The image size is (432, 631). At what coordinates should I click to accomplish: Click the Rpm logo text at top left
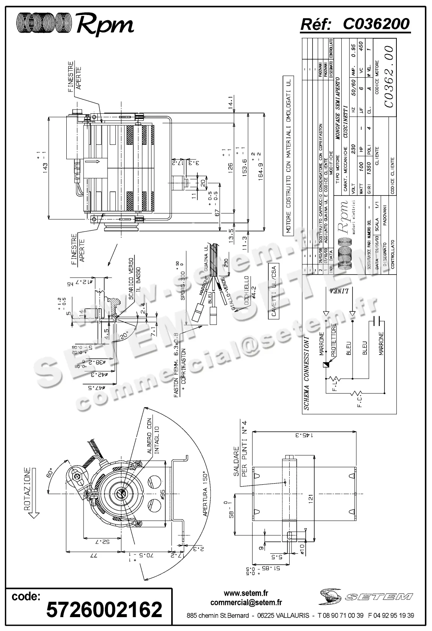(105, 25)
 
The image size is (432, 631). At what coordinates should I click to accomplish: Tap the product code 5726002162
(104, 610)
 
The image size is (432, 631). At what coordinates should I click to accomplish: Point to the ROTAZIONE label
(27, 489)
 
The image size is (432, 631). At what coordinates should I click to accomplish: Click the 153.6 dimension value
(246, 165)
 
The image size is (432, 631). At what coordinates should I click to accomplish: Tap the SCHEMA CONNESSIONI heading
(306, 373)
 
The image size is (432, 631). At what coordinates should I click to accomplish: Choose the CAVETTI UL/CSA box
(274, 293)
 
